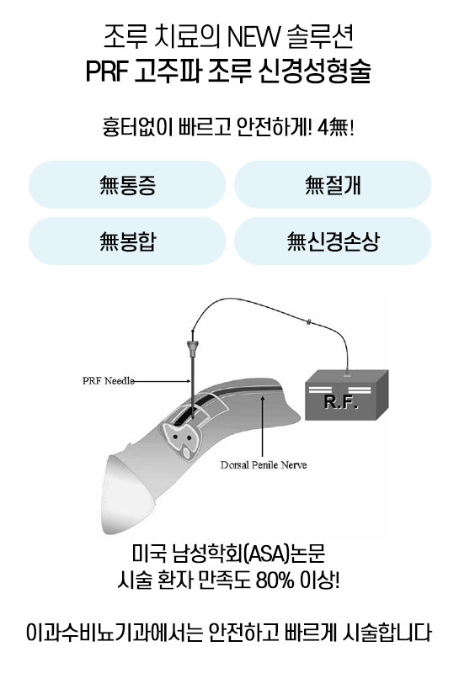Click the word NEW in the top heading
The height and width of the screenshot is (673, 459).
250,38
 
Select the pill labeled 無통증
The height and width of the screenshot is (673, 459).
127,185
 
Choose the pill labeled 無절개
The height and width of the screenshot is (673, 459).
333,185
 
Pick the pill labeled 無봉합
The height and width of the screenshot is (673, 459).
127,241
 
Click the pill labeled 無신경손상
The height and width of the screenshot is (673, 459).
333,241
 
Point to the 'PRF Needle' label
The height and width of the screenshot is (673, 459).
109,381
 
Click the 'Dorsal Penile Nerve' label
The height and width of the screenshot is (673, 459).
264,465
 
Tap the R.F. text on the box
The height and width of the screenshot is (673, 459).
341,402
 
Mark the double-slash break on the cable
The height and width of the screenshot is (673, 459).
309,321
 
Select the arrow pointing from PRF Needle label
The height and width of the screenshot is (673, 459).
162,381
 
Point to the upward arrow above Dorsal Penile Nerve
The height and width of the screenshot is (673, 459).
263,426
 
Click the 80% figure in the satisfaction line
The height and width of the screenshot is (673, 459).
275,580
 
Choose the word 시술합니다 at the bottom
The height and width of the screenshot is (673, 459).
387,633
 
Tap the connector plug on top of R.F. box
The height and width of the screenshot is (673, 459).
347,374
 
